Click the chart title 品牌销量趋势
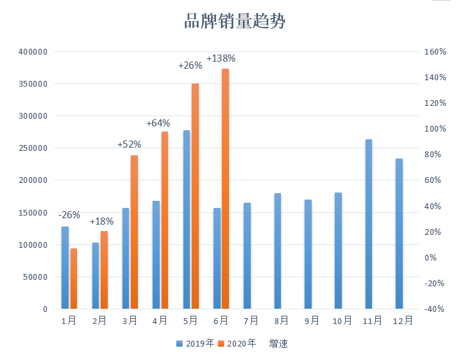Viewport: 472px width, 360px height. [x=235, y=22]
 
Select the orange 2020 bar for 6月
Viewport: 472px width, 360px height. [x=225, y=189]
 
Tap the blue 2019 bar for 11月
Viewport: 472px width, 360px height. [x=369, y=224]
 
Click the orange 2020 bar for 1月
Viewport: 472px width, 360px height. [x=73, y=279]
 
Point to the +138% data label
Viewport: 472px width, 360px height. [x=221, y=58]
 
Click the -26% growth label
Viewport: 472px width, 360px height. [x=69, y=215]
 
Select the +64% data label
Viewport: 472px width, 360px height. [x=158, y=123]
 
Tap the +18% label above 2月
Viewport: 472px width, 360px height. [x=102, y=221]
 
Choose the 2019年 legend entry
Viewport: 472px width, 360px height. [x=196, y=343]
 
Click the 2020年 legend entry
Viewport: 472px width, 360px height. [x=237, y=343]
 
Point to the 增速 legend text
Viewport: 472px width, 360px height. [x=278, y=343]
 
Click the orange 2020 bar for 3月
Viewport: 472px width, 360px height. [x=134, y=232]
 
